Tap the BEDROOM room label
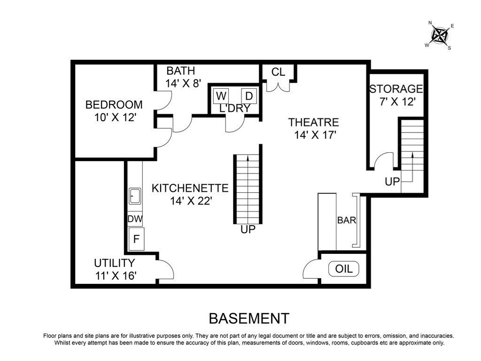tap(114, 105)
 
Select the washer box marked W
tap(221, 96)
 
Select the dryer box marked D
tap(249, 96)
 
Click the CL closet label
tap(278, 72)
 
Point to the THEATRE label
tap(313, 122)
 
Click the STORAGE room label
tap(396, 89)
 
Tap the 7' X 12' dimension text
tap(397, 102)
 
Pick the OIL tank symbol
tap(343, 269)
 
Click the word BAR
tap(347, 220)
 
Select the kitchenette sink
tap(135, 196)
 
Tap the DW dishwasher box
tap(135, 219)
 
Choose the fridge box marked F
tap(136, 239)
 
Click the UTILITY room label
tap(115, 263)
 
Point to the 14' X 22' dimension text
tap(191, 201)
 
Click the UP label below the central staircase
tap(248, 229)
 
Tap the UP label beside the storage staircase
tap(392, 182)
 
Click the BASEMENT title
tap(249, 319)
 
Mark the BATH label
tap(181, 71)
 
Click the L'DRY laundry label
tap(235, 109)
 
